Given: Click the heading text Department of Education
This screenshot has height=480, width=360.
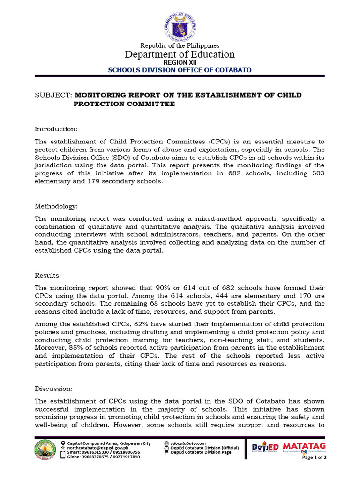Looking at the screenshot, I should click(180, 54).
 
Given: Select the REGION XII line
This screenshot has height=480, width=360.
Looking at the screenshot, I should click(180, 62).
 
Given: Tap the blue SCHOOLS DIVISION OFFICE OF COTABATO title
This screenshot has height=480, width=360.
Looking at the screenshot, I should click(180, 70).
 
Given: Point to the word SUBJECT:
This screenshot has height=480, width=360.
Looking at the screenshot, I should click(53, 95).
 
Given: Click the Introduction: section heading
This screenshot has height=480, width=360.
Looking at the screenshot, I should click(56, 129).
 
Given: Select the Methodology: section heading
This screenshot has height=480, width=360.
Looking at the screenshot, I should click(56, 206).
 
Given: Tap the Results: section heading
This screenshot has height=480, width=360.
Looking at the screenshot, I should click(48, 275).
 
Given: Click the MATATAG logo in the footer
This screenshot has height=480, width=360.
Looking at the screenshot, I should click(305, 446).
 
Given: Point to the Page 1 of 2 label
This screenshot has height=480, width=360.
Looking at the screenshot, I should click(315, 457).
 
